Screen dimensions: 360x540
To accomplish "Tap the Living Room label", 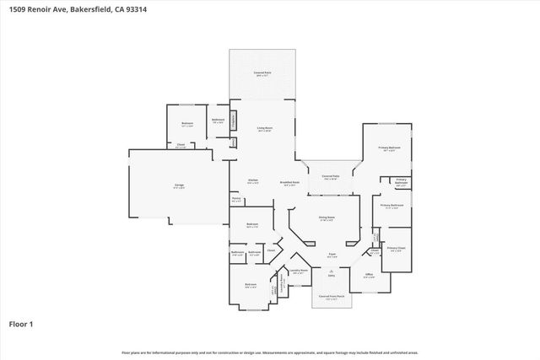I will (264, 129).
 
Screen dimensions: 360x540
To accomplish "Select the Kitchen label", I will (251, 180).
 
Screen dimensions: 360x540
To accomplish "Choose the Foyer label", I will (332, 254).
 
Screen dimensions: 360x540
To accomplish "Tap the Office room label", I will (369, 275).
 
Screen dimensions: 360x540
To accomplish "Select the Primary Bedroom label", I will (388, 148).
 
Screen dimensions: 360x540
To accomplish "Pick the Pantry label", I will (236, 200).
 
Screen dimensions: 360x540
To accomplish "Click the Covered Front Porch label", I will (330, 298).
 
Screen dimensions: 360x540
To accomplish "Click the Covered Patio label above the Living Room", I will (262, 74).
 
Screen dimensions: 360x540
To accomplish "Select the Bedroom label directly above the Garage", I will (187, 125).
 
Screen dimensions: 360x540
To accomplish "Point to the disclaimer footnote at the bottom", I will (269, 352).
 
